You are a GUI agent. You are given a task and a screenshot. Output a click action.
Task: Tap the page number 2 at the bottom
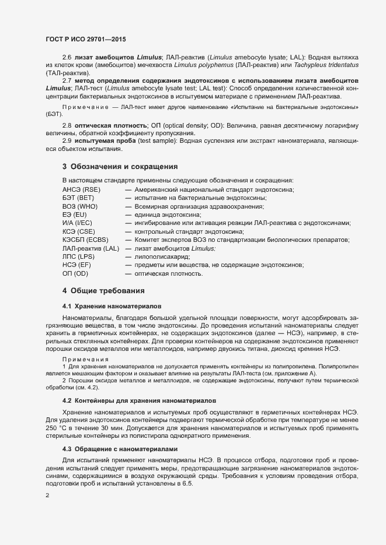[47, 495]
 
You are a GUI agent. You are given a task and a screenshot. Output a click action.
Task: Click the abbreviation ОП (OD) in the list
[75, 273]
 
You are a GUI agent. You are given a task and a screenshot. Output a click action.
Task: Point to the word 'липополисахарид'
[161, 256]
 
